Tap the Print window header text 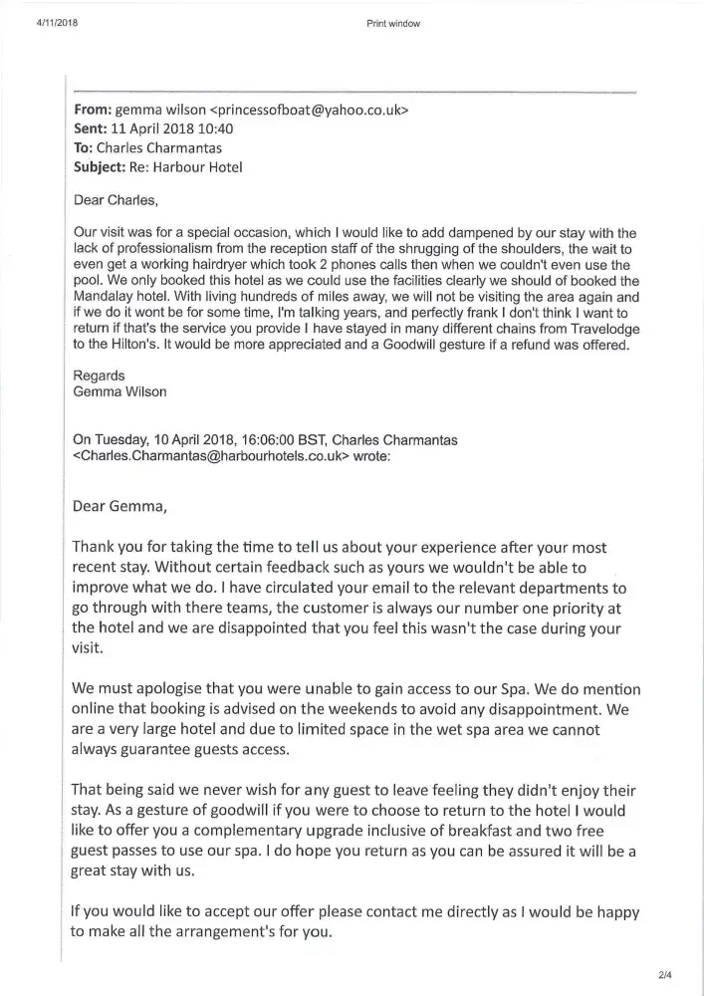pos(393,24)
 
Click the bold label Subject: pos(100,167)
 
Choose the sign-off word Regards pos(100,375)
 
